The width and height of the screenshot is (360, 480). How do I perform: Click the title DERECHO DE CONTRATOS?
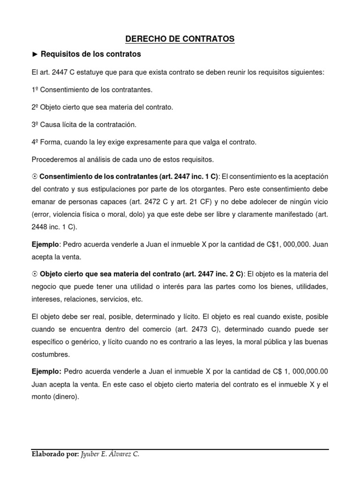point(180,39)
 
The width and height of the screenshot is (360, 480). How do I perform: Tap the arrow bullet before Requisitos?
point(35,54)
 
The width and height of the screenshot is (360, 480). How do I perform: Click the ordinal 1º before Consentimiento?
point(35,90)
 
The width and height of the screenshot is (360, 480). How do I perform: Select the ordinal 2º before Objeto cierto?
point(35,107)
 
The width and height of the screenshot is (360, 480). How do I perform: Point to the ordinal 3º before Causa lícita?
point(35,125)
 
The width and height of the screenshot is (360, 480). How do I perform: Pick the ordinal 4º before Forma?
point(35,142)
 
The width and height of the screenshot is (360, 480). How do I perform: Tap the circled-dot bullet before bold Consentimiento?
point(35,177)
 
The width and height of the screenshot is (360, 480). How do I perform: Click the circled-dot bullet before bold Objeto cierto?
point(35,274)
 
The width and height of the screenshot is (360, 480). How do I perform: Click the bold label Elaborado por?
point(55,454)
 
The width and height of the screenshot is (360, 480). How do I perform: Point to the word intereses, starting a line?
point(47,299)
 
